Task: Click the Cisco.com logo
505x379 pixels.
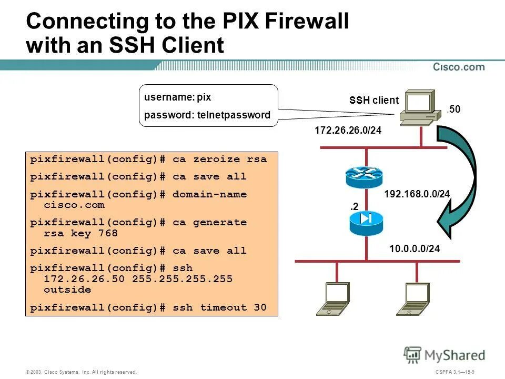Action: point(459,67)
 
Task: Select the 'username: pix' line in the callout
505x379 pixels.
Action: point(178,97)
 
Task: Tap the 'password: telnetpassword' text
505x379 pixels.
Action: point(207,115)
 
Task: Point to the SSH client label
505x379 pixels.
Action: point(373,101)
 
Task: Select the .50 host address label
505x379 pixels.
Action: point(453,109)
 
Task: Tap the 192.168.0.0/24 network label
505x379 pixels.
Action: point(417,194)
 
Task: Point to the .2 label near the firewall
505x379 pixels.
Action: point(355,207)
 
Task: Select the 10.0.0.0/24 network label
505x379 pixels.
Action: point(414,248)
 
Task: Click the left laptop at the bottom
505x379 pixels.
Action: point(331,298)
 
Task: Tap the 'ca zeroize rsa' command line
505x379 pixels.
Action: point(148,159)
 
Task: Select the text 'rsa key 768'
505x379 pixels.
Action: point(80,233)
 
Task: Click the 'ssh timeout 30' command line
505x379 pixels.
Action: point(148,307)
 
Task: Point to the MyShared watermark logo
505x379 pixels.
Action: point(445,355)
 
